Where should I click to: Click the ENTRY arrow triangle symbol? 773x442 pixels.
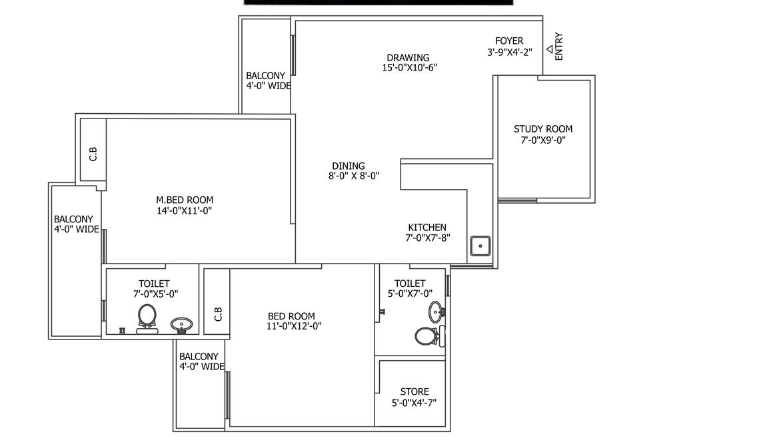tap(550, 49)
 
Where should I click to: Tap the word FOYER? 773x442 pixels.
tap(509, 41)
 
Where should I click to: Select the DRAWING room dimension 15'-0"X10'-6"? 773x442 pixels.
tap(410, 67)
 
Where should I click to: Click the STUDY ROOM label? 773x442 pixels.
tap(543, 129)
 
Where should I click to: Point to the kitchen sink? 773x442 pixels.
tap(480, 246)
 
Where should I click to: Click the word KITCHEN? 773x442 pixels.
tap(427, 228)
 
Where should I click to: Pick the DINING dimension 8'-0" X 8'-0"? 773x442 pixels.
tap(354, 176)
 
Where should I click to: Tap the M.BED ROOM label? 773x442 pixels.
tap(185, 200)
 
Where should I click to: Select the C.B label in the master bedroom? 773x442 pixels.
tap(93, 154)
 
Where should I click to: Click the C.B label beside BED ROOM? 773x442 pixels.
tap(218, 314)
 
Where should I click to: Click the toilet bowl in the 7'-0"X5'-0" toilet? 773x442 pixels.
tap(147, 315)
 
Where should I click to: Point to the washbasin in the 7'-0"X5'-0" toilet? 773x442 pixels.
tap(181, 325)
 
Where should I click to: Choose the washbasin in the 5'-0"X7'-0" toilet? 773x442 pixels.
tap(436, 310)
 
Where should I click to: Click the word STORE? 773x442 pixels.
tap(414, 391)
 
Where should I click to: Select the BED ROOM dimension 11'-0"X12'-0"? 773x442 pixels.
tap(295, 326)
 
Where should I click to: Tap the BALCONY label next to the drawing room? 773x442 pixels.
tap(265, 76)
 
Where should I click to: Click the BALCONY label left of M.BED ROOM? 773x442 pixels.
tap(73, 219)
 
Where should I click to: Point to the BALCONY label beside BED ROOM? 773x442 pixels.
tap(199, 357)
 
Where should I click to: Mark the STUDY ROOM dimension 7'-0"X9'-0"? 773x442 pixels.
tap(543, 140)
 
